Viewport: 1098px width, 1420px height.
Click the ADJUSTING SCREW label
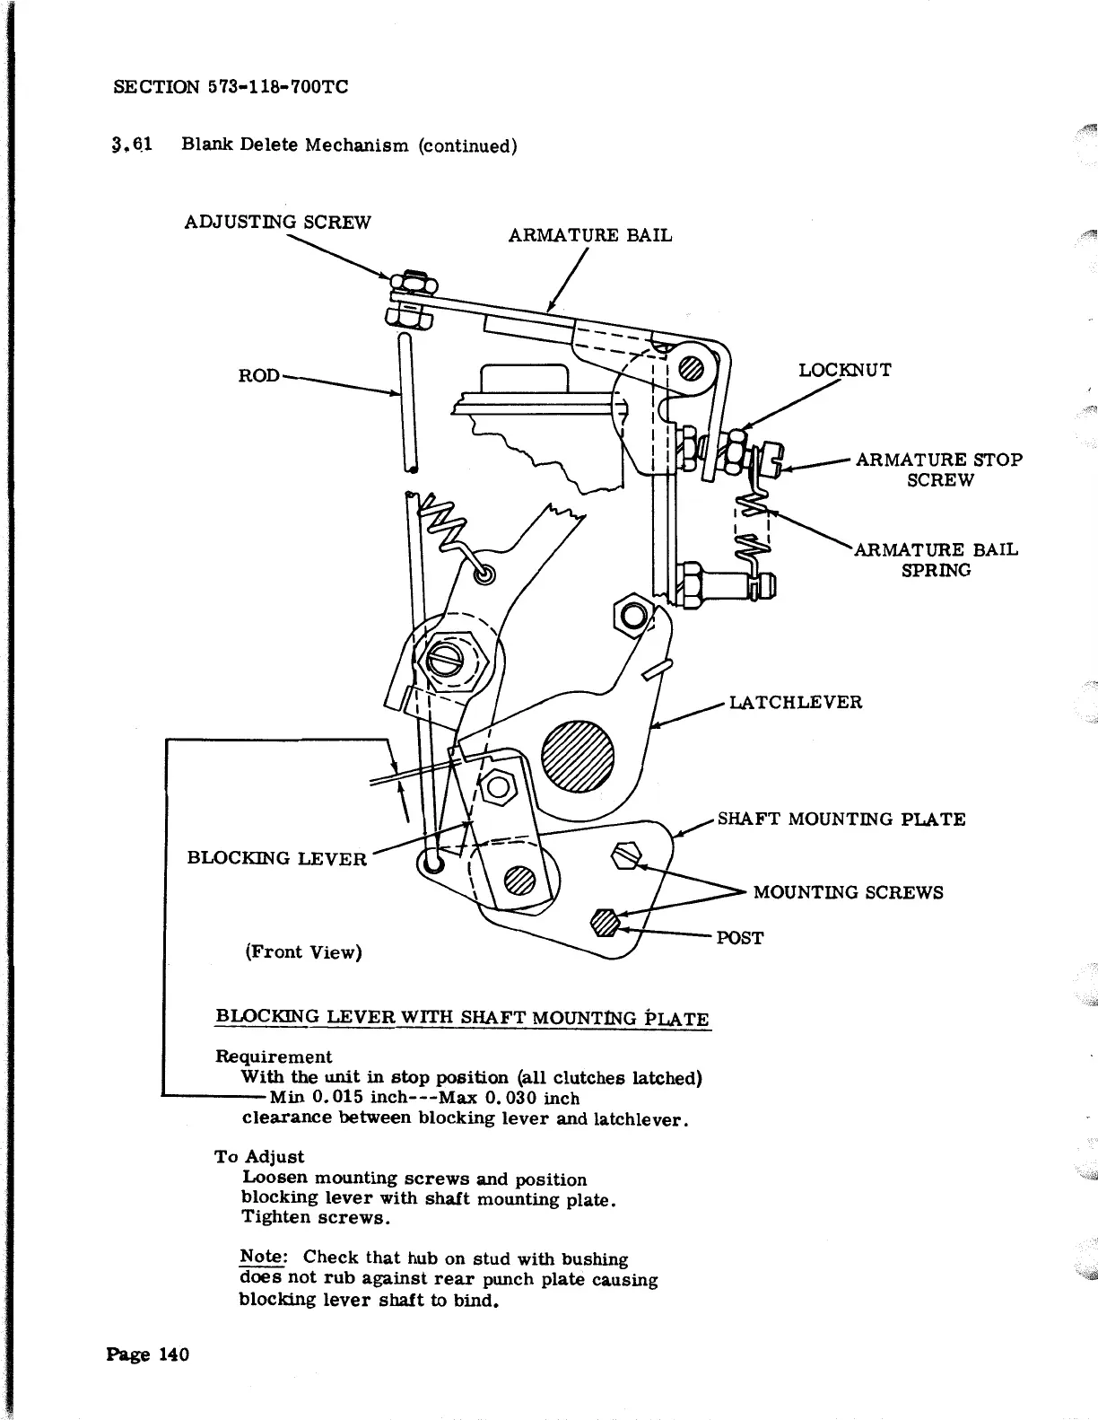coord(276,222)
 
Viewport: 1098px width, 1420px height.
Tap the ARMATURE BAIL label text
coord(589,235)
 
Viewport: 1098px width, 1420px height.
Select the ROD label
coord(258,375)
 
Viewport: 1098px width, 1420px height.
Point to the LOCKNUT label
coord(845,370)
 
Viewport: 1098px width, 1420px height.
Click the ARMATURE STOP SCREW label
coord(938,469)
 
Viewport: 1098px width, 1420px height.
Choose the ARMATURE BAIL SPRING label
coord(936,559)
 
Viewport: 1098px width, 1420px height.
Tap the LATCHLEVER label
coord(796,702)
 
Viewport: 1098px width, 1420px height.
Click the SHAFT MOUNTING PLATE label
coord(841,819)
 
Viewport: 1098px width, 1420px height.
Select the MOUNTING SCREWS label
coord(848,892)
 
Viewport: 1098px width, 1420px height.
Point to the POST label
coord(739,938)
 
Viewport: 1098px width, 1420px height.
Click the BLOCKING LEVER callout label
coord(276,858)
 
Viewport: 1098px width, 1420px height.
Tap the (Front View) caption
coord(303,951)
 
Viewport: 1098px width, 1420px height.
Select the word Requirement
coord(274,1057)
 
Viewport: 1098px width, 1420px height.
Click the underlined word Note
coord(261,1258)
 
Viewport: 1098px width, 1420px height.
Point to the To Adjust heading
coord(259,1157)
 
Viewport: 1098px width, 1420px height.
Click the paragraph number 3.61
coord(132,145)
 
